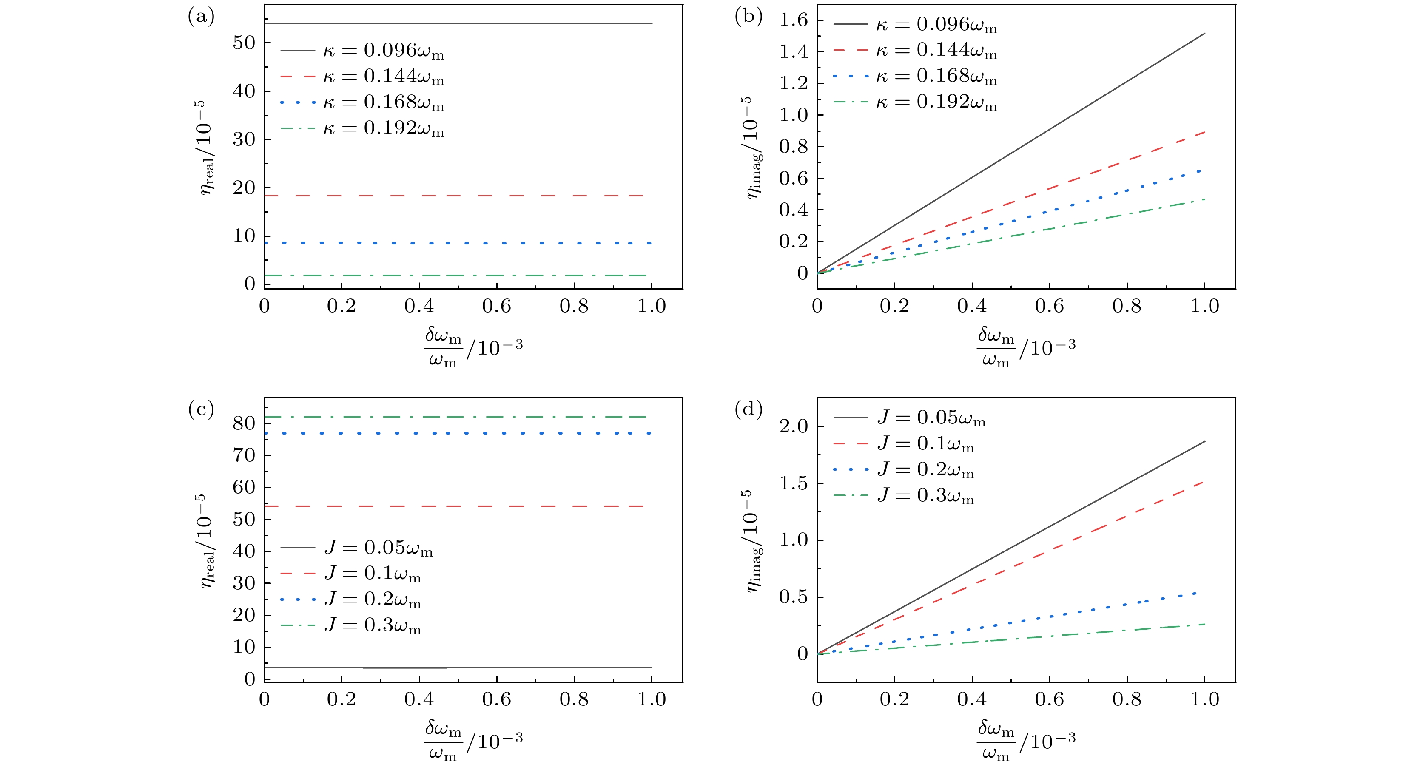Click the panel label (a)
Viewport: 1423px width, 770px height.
point(201,17)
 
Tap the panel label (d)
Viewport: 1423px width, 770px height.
point(748,410)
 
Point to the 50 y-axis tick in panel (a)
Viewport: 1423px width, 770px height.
point(244,43)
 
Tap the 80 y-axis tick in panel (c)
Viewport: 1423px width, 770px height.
point(244,423)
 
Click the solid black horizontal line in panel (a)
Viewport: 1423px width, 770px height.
point(458,23)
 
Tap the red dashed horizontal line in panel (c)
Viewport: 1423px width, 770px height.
point(458,506)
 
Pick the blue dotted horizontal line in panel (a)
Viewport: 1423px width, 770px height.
point(458,243)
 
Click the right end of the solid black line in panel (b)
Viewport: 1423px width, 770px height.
point(1204,34)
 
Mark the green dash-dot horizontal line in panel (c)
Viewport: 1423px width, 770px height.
point(458,417)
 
